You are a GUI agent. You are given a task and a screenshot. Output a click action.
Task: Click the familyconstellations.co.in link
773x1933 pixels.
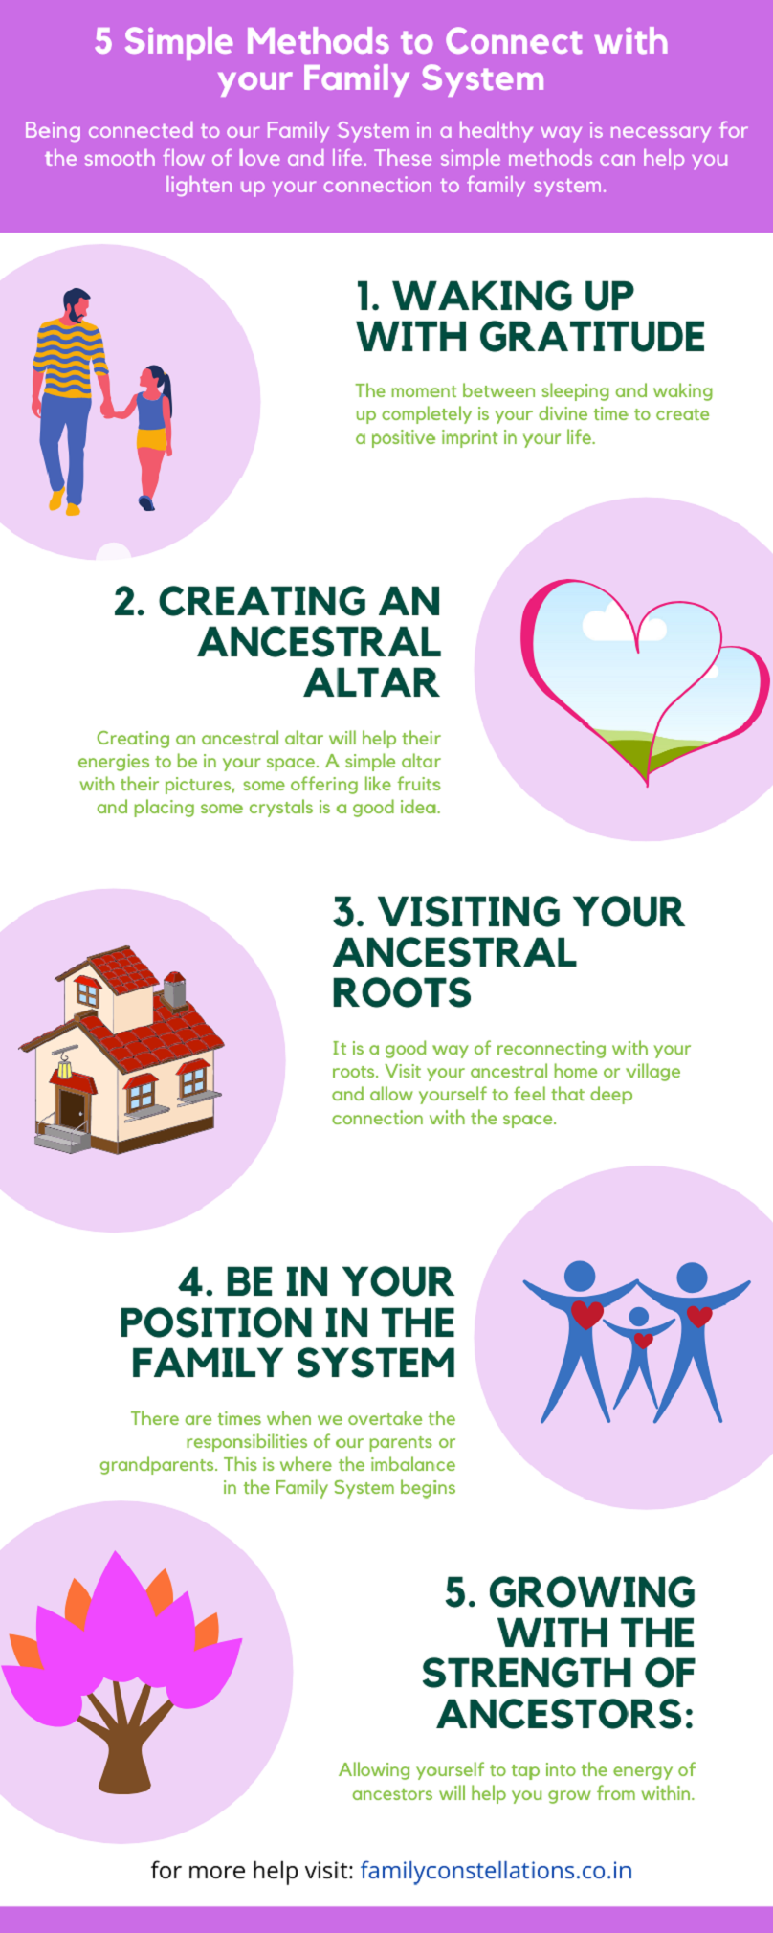[x=496, y=1870]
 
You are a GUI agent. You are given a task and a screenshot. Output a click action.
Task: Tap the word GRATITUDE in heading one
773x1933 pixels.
[x=592, y=337]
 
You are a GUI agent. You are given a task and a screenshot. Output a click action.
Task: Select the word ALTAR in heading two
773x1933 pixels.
[x=372, y=682]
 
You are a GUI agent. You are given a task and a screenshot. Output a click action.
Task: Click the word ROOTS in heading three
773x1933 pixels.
[x=402, y=992]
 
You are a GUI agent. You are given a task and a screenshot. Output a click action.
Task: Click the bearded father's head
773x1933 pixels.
[x=77, y=305]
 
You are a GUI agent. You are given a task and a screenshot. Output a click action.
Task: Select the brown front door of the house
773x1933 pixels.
[x=72, y=1106]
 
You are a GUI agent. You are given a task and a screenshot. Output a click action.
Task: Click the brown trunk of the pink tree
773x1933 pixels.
[x=124, y=1742]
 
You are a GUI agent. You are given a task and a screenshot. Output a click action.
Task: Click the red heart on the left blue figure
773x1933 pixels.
[x=586, y=1314]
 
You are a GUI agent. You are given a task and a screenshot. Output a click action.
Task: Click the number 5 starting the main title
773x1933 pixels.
[x=103, y=42]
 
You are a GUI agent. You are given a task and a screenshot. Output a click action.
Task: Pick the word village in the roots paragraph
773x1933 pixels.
[x=653, y=1071]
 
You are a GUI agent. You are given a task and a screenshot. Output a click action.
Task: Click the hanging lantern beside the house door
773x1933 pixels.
[x=65, y=1065]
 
